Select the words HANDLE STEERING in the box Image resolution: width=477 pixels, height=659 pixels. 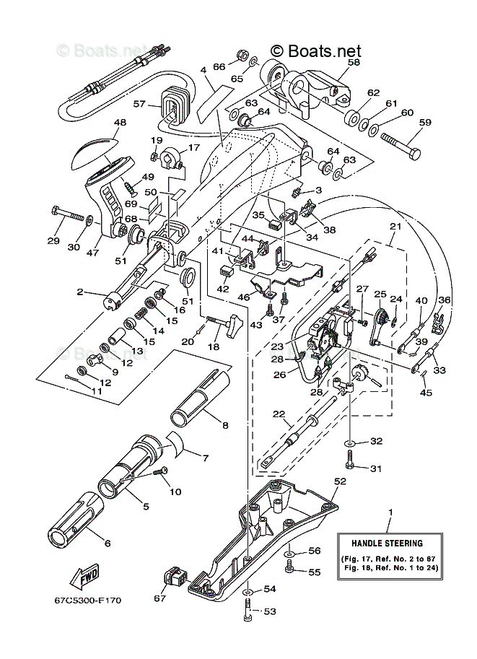pos(387,543)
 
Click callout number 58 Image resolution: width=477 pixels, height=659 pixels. pos(352,63)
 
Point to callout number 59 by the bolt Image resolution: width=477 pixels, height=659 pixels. pos(425,123)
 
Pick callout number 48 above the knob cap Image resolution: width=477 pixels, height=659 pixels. pos(119,122)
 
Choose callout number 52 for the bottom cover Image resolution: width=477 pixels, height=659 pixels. pos(341,480)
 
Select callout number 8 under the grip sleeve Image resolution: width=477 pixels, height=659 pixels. pos(225,425)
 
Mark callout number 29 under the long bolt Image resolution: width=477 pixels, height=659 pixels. pos(54,240)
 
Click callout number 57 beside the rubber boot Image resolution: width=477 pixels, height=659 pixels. pos(139,104)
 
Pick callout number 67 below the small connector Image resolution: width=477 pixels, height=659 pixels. pos(159,598)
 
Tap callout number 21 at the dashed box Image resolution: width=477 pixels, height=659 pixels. pos(394,227)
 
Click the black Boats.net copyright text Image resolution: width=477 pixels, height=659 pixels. pos(315,51)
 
